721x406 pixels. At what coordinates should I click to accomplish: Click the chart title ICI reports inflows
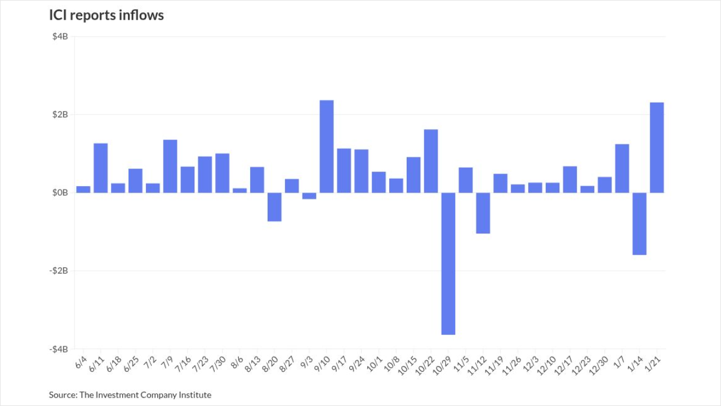[106, 16]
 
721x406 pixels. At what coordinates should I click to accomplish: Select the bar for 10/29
[448, 263]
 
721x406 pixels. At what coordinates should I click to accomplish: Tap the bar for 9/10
[327, 147]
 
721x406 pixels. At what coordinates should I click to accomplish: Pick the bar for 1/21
[657, 148]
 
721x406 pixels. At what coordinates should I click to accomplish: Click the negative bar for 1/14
[639, 224]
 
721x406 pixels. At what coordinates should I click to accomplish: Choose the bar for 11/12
[483, 213]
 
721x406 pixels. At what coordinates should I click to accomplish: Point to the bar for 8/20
[274, 207]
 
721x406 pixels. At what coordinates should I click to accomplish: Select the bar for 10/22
[431, 161]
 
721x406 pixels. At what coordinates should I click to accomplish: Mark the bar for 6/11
[100, 168]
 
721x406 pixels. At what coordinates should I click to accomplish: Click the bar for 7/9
[170, 166]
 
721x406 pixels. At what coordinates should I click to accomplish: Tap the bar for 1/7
[622, 169]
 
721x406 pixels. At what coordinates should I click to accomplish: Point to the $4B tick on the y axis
[60, 37]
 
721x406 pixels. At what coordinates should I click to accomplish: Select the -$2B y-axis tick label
[59, 271]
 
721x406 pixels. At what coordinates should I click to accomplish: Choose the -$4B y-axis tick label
[59, 349]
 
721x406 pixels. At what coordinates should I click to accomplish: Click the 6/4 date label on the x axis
[81, 361]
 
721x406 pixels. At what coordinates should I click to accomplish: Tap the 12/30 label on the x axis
[600, 363]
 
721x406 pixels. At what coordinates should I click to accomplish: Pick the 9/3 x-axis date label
[308, 361]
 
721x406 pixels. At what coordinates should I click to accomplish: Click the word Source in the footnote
[62, 395]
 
